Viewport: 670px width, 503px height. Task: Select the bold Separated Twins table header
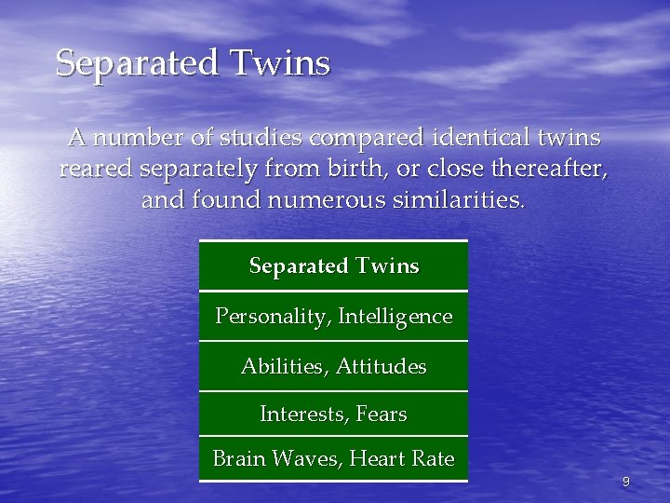[x=334, y=266]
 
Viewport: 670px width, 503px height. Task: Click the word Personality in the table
[x=272, y=317]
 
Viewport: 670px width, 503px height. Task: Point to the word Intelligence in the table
[x=395, y=317]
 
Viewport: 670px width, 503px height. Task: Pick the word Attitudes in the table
[x=381, y=367]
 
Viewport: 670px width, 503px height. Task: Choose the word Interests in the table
[x=304, y=414]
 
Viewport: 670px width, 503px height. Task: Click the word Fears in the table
[x=382, y=414]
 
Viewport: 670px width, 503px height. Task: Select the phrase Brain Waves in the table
[x=268, y=458]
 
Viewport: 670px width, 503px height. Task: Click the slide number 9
[x=625, y=482]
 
